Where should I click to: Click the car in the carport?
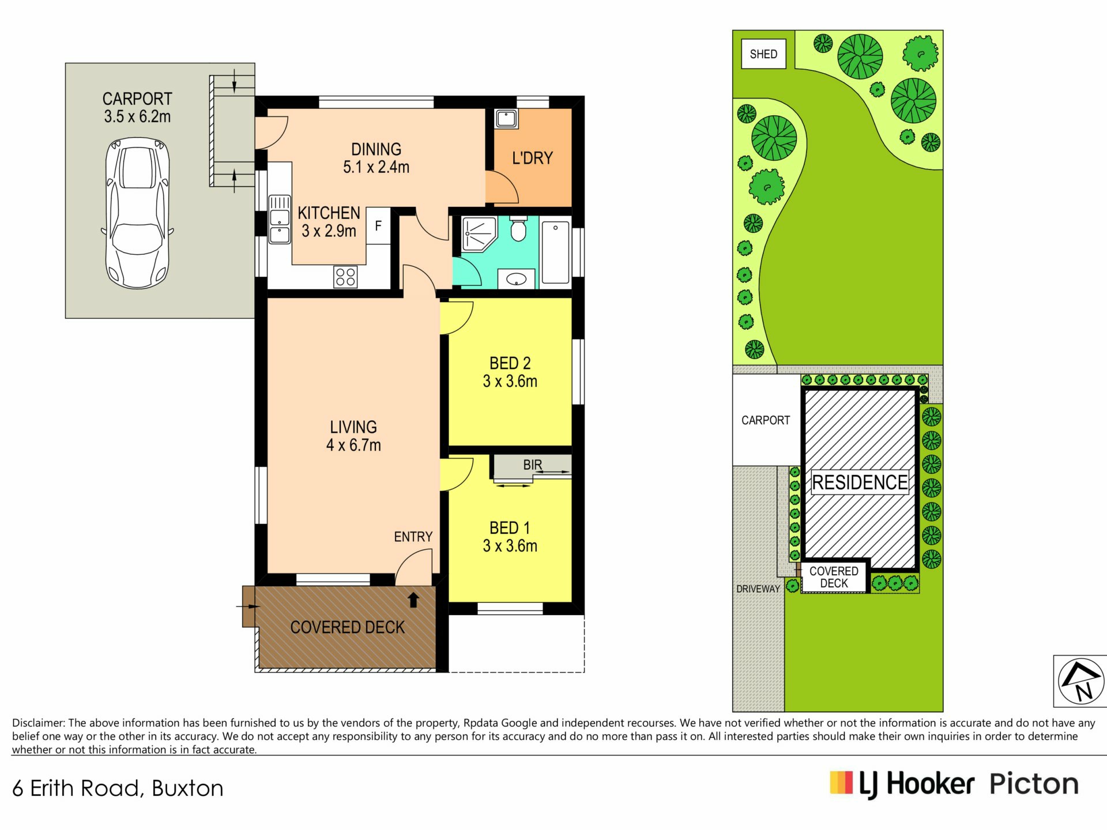coord(137,213)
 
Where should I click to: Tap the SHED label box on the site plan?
coord(763,54)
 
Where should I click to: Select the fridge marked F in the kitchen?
coord(378,225)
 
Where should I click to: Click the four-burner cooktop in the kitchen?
coord(345,277)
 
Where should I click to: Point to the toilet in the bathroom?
coord(518,229)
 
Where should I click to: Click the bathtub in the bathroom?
coord(556,252)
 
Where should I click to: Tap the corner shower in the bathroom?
coord(479,234)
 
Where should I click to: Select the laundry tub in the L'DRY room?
coord(506,119)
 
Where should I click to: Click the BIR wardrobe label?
coord(533,465)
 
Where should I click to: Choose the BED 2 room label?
coord(510,363)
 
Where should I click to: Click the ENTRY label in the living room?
coord(413,537)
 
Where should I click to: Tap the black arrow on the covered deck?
coord(413,600)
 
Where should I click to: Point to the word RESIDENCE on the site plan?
coord(860,482)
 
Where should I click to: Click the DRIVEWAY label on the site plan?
coord(758,588)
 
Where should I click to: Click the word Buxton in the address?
coord(187,788)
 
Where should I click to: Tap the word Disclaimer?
coord(39,723)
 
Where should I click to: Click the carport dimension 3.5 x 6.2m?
coord(137,116)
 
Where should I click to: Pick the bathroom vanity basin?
coord(516,279)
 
